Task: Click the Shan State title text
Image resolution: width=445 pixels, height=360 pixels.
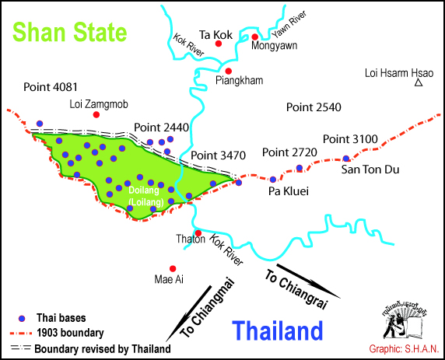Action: coord(68,33)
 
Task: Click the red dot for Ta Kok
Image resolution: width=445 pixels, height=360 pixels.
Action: coord(219,44)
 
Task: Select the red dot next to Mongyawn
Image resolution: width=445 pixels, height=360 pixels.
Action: coord(255,37)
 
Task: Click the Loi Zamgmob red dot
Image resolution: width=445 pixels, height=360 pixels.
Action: coord(96,114)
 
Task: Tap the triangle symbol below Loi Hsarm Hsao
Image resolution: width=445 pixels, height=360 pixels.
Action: coord(418,83)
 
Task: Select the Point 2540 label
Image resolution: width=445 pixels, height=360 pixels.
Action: coord(314,106)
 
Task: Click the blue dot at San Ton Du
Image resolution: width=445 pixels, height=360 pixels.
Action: coord(346,159)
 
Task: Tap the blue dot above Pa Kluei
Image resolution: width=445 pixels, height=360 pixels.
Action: coord(273,180)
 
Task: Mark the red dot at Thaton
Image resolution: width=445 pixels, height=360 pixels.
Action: coord(198,232)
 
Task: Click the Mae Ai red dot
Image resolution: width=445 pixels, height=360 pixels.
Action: coord(172,268)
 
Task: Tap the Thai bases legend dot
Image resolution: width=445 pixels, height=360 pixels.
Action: coord(23,317)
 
